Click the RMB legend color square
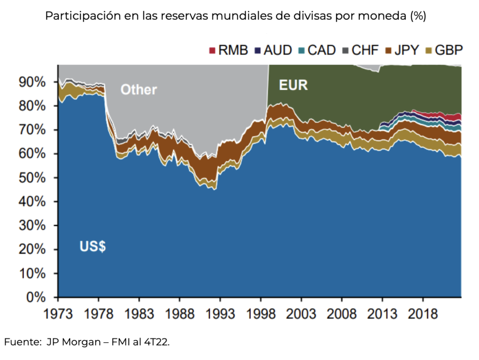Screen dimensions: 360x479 (x=212, y=50)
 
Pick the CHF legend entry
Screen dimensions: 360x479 (x=360, y=50)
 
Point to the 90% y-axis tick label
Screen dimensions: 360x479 (x=33, y=82)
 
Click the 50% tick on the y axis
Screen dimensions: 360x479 (x=33, y=178)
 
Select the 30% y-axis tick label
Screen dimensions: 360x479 (x=33, y=226)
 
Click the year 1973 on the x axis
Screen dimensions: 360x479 (x=58, y=313)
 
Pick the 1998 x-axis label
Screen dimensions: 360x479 (x=261, y=313)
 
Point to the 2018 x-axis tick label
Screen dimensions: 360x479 (x=423, y=313)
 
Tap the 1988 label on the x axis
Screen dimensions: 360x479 (x=180, y=313)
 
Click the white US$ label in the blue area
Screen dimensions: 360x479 (x=92, y=246)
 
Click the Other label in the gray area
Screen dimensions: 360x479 (x=138, y=89)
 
